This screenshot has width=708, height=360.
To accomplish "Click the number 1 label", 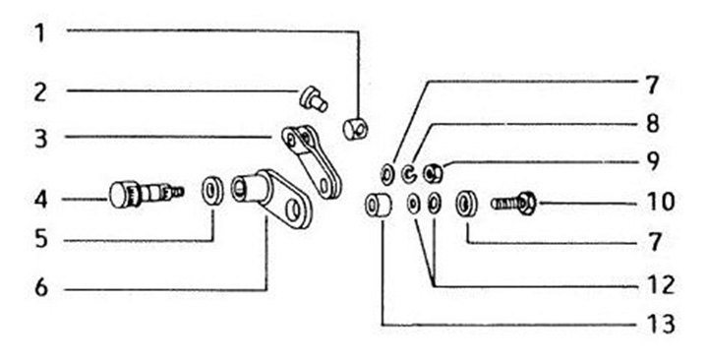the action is point(40,33).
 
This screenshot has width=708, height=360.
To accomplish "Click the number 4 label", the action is point(40,200).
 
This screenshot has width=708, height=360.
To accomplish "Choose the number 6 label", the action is point(40,288).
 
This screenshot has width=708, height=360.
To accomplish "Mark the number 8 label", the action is point(652,123).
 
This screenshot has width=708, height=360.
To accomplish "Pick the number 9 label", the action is point(652,160).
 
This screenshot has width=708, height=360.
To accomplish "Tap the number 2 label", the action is point(40,92).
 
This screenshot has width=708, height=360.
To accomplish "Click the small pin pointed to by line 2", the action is point(314,99).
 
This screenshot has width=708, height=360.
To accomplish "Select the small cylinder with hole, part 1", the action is point(355,128).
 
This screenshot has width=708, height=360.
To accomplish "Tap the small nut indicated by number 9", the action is point(433,174).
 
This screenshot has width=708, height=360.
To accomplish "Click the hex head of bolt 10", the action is point(527,203).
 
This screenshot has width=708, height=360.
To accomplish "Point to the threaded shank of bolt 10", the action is point(504,204).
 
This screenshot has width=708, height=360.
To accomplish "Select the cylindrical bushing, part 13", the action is point(379,206).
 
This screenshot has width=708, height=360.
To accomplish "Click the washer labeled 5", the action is point(212,191).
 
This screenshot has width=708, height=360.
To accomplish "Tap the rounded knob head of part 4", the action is point(120,196).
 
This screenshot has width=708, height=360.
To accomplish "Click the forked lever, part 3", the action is point(312,161).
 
